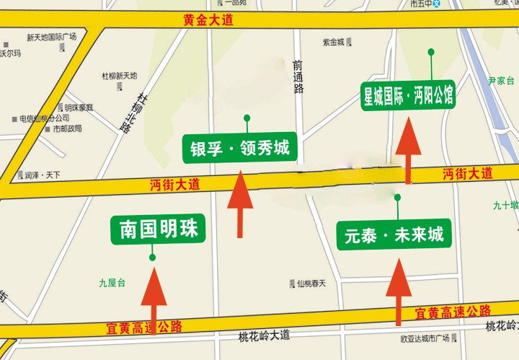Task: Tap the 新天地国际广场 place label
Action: (51, 37)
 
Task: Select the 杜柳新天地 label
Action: (119, 76)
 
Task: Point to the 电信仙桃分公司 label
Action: (44, 118)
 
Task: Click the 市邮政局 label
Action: (67, 129)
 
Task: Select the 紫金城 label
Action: (333, 43)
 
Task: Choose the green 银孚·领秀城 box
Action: (239, 149)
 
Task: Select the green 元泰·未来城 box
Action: (394, 234)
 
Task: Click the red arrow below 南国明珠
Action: (154, 298)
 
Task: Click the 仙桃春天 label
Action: (311, 284)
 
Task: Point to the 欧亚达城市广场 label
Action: (425, 338)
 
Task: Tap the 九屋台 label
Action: (112, 284)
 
